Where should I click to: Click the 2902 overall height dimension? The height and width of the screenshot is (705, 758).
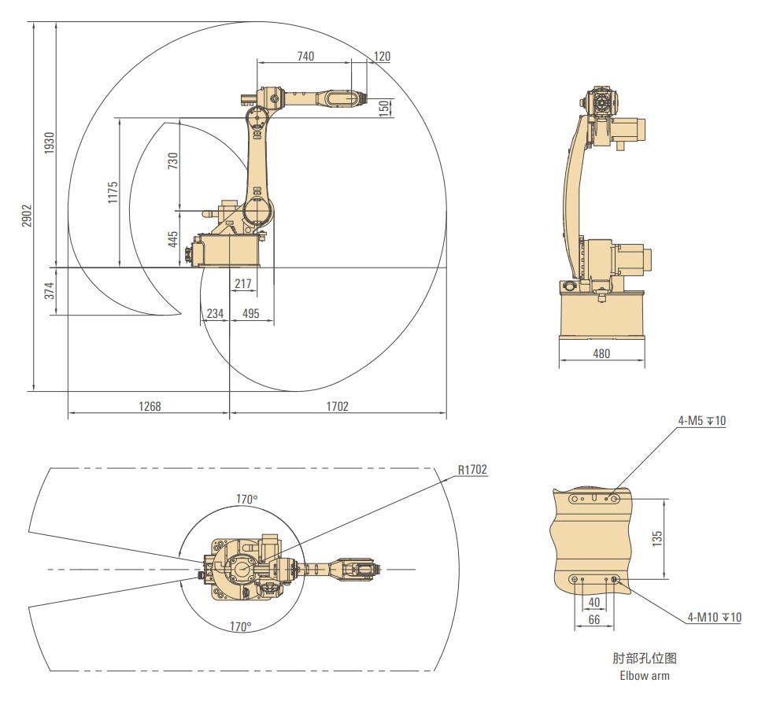click(x=27, y=216)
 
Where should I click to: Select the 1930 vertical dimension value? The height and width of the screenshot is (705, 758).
click(x=50, y=143)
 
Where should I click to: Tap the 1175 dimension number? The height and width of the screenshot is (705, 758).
click(x=113, y=192)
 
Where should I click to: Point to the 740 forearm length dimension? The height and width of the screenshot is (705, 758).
click(x=305, y=57)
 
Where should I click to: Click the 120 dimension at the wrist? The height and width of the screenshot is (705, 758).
click(x=382, y=56)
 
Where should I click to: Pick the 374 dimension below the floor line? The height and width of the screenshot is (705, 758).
click(x=50, y=290)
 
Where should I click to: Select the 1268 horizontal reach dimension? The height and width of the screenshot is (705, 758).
click(x=150, y=406)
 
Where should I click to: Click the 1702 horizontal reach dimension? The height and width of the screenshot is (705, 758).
click(x=338, y=406)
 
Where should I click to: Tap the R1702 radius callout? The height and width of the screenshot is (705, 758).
click(x=472, y=469)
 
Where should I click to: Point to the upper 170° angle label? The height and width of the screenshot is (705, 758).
click(x=247, y=499)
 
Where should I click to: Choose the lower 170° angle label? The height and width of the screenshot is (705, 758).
click(x=240, y=626)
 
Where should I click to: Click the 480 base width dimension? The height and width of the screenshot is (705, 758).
click(x=601, y=354)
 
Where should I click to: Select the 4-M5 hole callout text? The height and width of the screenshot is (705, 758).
click(x=702, y=420)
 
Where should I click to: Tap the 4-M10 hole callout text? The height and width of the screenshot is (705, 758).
click(x=715, y=617)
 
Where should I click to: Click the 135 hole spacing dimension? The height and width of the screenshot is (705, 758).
click(x=657, y=538)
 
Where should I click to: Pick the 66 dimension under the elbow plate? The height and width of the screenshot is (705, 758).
click(x=594, y=619)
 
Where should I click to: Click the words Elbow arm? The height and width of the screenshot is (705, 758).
click(x=645, y=676)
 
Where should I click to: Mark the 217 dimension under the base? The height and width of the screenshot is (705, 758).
click(x=243, y=283)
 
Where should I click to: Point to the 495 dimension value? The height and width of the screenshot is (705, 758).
click(x=251, y=314)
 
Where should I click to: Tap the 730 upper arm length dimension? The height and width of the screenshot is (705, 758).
click(x=172, y=161)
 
